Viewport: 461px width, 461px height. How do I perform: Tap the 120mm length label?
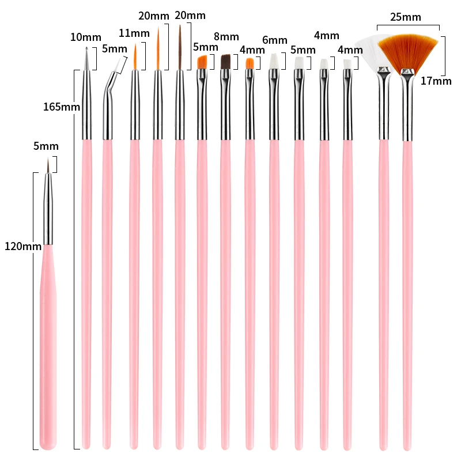pos(22,246)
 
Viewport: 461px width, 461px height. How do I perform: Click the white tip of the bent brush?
pos(120,65)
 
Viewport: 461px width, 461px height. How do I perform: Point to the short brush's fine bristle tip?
pos(49,167)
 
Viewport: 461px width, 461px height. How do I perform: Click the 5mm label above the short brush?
pos(46,146)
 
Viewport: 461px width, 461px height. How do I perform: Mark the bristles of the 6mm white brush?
pos(274,61)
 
